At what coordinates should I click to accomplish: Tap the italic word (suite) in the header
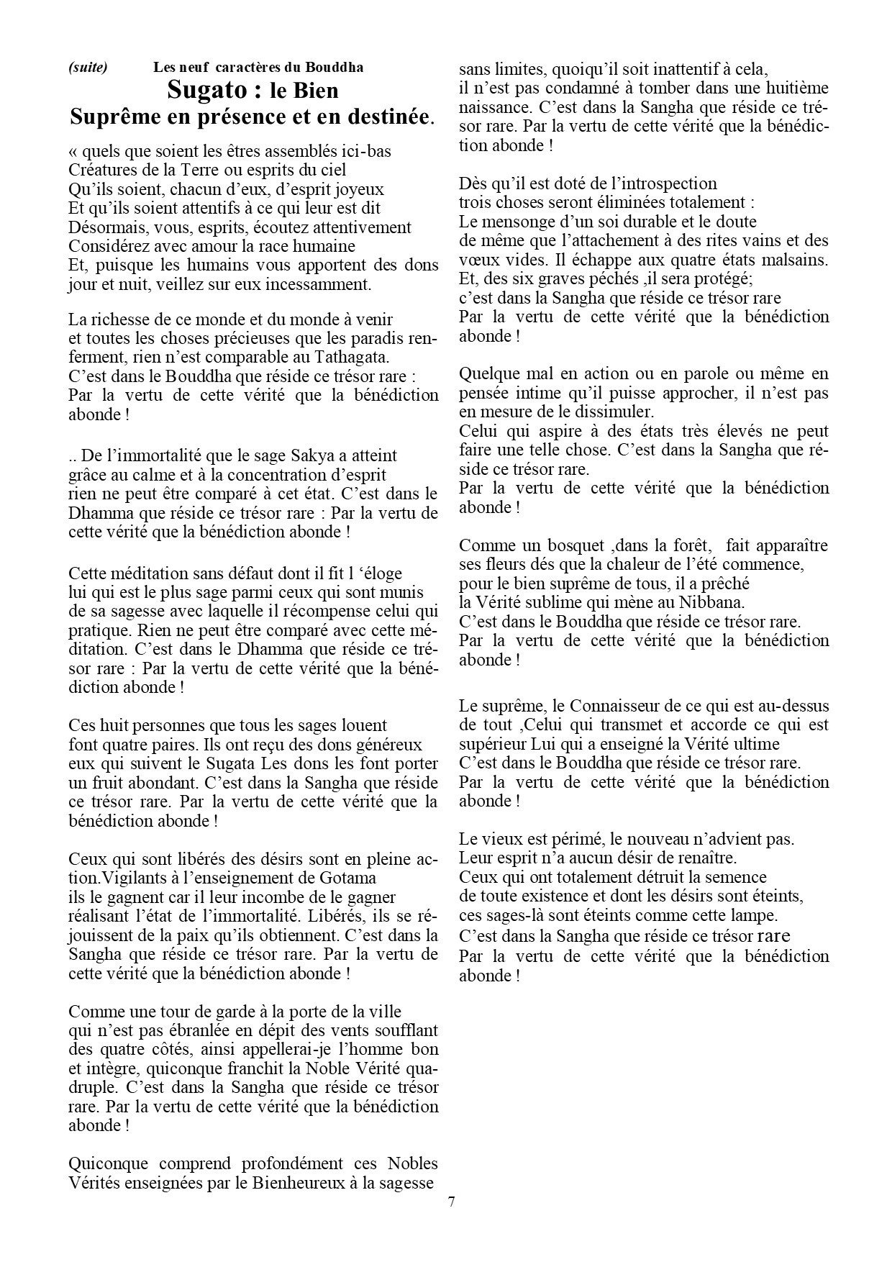[88, 68]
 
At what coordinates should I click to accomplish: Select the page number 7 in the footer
[451, 1202]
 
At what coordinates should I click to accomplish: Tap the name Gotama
[351, 878]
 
